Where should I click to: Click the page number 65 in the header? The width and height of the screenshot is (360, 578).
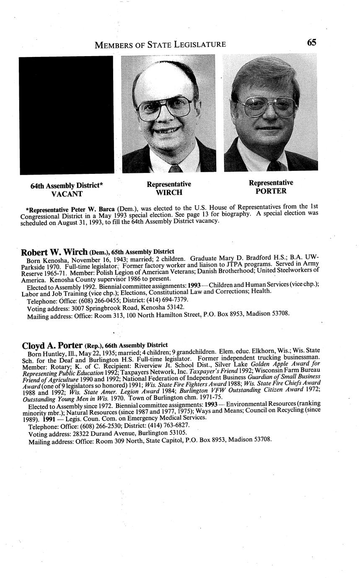pyautogui.click(x=311, y=43)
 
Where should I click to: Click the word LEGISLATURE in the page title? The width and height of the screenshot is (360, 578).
pyautogui.click(x=198, y=44)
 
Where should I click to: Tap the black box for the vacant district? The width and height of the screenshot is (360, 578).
pyautogui.click(x=67, y=115)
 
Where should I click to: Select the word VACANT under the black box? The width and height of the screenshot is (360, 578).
pyautogui.click(x=67, y=194)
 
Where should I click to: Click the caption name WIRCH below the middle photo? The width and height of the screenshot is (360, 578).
pyautogui.click(x=169, y=193)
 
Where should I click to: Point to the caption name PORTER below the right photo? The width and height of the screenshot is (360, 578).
pyautogui.click(x=271, y=191)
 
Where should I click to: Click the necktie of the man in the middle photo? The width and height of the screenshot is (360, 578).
pyautogui.click(x=175, y=168)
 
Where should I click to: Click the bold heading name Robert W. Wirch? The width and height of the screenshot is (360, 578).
pyautogui.click(x=54, y=252)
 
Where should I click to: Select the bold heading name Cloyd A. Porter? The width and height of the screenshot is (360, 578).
pyautogui.click(x=52, y=346)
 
